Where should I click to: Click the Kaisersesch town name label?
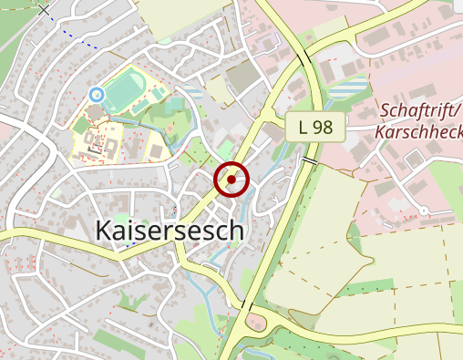170,231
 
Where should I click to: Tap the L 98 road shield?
315,128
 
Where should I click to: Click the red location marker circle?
231,180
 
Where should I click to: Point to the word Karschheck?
418,131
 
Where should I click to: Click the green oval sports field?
123,92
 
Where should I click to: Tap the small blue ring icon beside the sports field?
96,93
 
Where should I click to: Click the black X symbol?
45,11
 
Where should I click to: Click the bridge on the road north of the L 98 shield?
303,61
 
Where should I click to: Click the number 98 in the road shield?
323,128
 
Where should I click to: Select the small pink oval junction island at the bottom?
256,321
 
